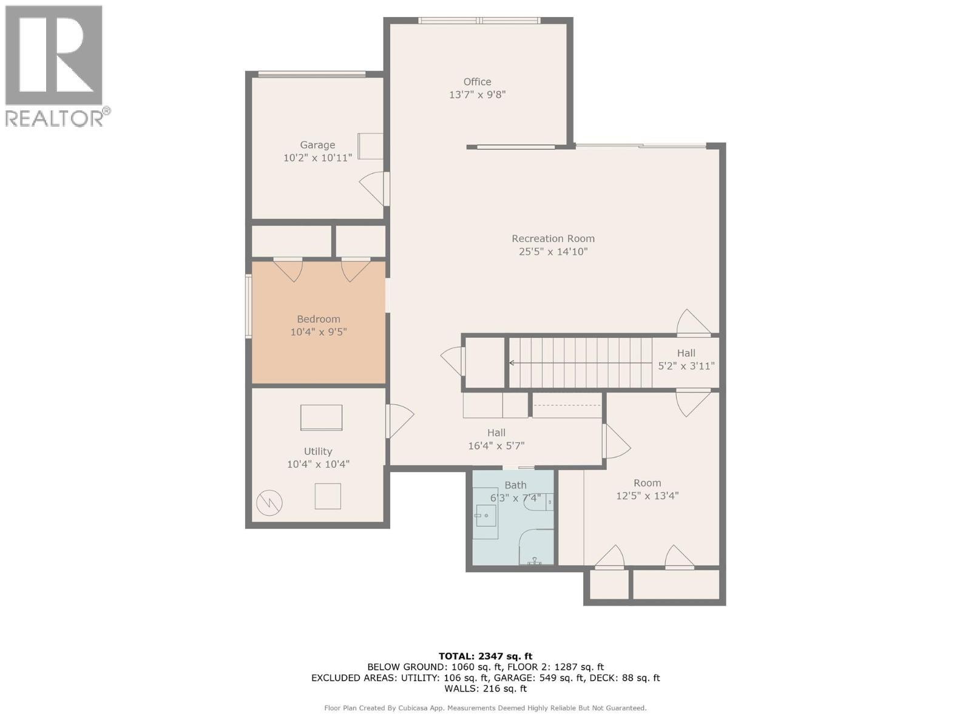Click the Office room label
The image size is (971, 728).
click(x=477, y=82)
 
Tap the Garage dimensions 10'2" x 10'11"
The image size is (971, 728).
click(x=317, y=158)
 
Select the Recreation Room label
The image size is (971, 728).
click(x=553, y=238)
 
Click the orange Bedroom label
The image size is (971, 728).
click(x=318, y=319)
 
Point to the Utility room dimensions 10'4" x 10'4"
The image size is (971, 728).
click(x=318, y=464)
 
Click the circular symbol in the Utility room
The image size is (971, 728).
click(x=269, y=502)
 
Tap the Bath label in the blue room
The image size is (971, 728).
click(x=515, y=485)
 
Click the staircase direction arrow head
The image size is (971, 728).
click(x=512, y=363)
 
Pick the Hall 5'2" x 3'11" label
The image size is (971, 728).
click(x=686, y=359)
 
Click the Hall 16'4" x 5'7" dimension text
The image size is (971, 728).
click(x=496, y=445)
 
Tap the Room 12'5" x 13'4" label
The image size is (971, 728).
click(x=647, y=489)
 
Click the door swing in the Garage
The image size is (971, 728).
click(x=373, y=187)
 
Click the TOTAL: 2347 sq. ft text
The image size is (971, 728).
click(x=485, y=656)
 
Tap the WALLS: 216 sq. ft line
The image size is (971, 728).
click(x=485, y=689)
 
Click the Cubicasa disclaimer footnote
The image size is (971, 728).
click(x=485, y=708)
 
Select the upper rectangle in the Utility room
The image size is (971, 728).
click(x=321, y=417)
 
